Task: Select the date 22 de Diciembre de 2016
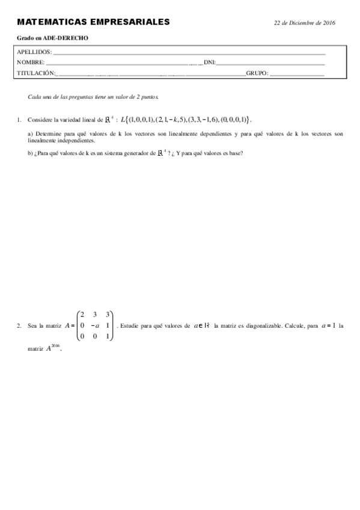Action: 304,22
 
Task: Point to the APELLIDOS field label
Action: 34,52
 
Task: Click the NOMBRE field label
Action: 31,63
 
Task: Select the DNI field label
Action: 210,63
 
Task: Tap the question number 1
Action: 19,120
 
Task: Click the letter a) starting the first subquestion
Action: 31,134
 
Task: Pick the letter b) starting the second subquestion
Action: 31,153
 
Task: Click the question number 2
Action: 19,325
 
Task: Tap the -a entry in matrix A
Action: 93,325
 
